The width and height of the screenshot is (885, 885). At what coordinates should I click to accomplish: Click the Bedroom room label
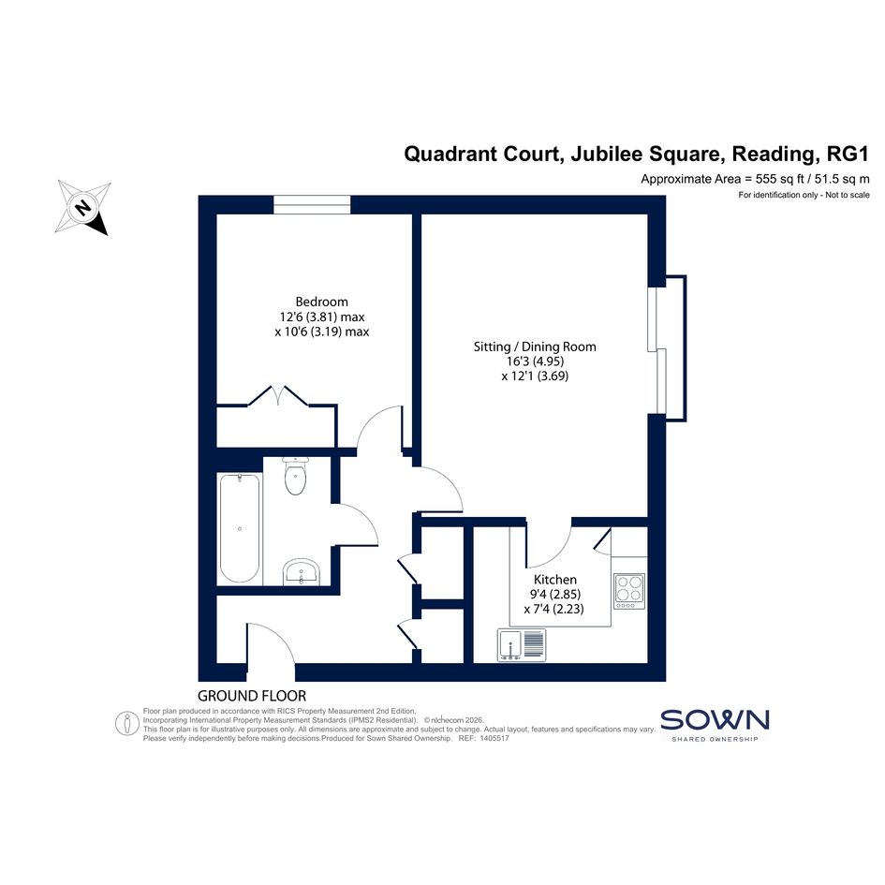coord(322,302)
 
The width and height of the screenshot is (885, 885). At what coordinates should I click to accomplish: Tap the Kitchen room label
coord(555,579)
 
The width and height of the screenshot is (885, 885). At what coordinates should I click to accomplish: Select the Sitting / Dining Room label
coord(535,347)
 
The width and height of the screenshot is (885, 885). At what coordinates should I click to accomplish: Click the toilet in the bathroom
coord(295,476)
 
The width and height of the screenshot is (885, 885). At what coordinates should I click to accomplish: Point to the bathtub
coord(240,528)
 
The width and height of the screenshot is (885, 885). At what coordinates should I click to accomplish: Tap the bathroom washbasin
coord(302,571)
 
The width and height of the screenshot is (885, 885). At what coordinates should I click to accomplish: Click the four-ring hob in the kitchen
coord(629,591)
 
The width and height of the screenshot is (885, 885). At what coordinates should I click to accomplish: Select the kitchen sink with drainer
coord(522,644)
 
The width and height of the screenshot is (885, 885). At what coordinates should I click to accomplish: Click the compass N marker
coord(83,207)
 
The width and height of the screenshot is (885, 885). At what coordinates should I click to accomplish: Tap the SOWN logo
coord(715,725)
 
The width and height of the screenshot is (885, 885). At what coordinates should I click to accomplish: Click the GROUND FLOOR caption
coord(252,696)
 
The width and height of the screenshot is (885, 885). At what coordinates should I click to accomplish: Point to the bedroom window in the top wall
coord(312,204)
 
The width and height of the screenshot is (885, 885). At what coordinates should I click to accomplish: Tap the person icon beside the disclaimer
coord(127,724)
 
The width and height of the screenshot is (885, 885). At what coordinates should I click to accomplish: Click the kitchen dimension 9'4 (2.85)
coord(555,594)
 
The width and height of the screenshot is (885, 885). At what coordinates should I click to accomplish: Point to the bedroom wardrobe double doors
coord(278,395)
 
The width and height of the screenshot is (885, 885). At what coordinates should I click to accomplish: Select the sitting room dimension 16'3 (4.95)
coord(535,361)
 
